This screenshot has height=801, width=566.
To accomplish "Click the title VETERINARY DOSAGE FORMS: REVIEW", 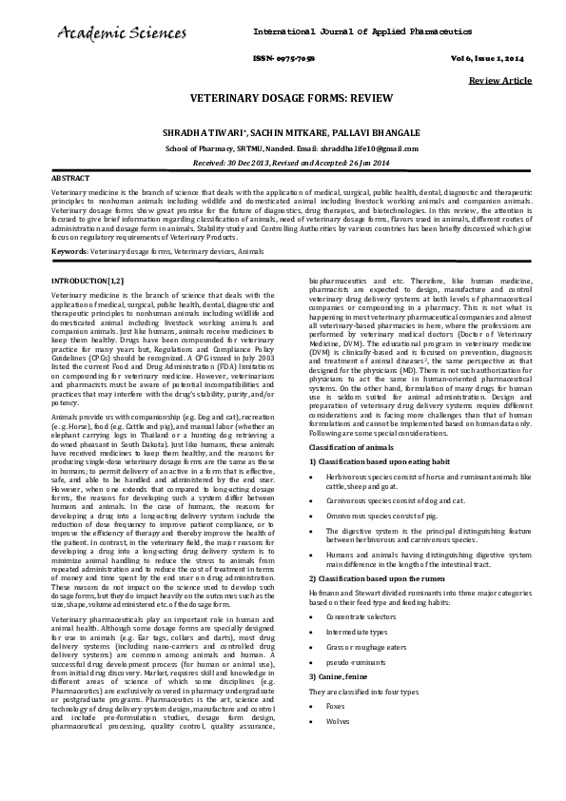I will pyautogui.click(x=283, y=99).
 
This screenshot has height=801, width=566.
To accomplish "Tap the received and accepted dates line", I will pyautogui.click(x=283, y=163).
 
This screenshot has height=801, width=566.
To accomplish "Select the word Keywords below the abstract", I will pyautogui.click(x=69, y=251).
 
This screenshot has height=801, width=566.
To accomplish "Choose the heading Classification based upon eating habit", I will pyautogui.click(x=373, y=460).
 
